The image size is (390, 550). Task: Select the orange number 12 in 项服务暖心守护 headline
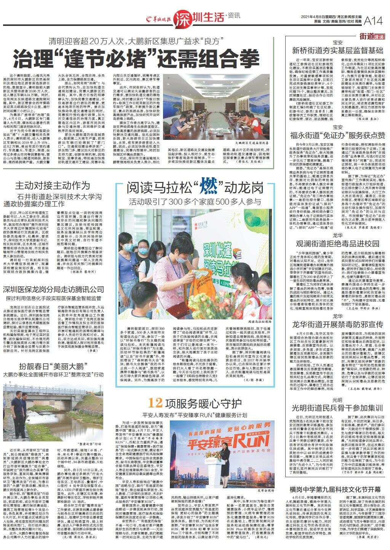tap(156, 402)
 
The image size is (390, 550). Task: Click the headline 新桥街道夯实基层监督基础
tap(337, 50)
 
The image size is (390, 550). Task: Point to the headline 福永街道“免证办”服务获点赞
tap(337, 135)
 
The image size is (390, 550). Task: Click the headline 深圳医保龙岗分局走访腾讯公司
tap(53, 289)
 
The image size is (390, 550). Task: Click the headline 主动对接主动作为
tap(52, 186)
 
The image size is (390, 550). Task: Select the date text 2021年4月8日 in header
tap(313, 17)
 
